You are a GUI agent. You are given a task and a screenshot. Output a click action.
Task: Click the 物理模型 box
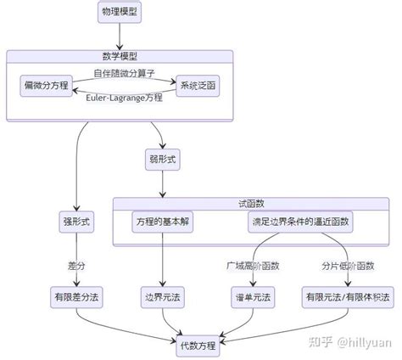120,13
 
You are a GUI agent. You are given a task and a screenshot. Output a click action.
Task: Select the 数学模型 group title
120,55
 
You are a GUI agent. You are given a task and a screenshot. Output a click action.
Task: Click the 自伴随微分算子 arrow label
124,74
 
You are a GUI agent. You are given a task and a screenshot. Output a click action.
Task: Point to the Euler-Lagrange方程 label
124,98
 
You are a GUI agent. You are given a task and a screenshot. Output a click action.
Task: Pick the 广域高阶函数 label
253,266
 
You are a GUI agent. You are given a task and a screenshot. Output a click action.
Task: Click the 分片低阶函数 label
347,266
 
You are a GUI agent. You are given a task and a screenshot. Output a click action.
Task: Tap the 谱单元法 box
253,297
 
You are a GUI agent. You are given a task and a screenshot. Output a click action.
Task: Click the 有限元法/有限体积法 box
347,297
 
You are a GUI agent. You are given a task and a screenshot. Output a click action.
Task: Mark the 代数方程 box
198,346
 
